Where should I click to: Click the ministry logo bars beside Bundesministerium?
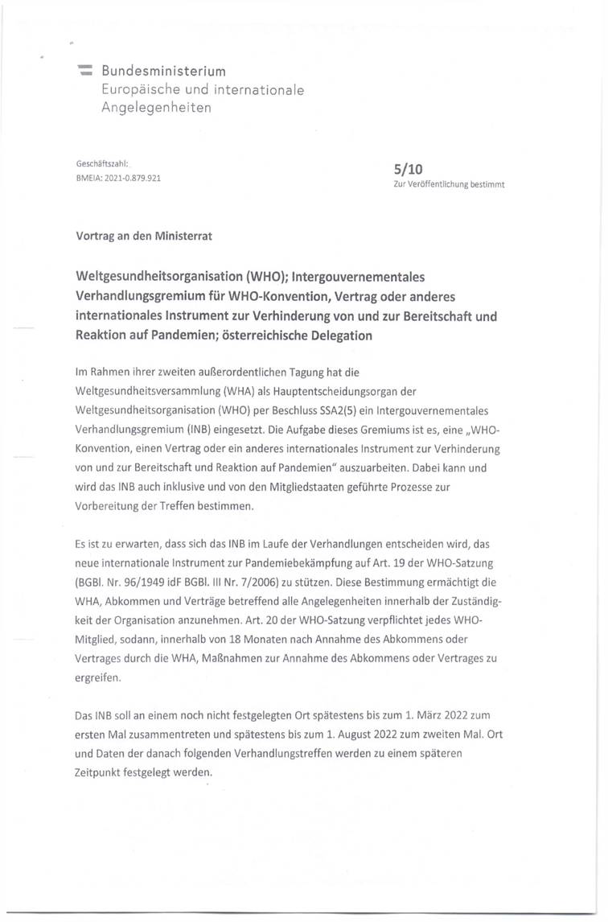click(84, 72)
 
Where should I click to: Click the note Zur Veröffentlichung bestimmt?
click(449, 184)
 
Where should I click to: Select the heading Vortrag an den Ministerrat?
click(144, 237)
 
